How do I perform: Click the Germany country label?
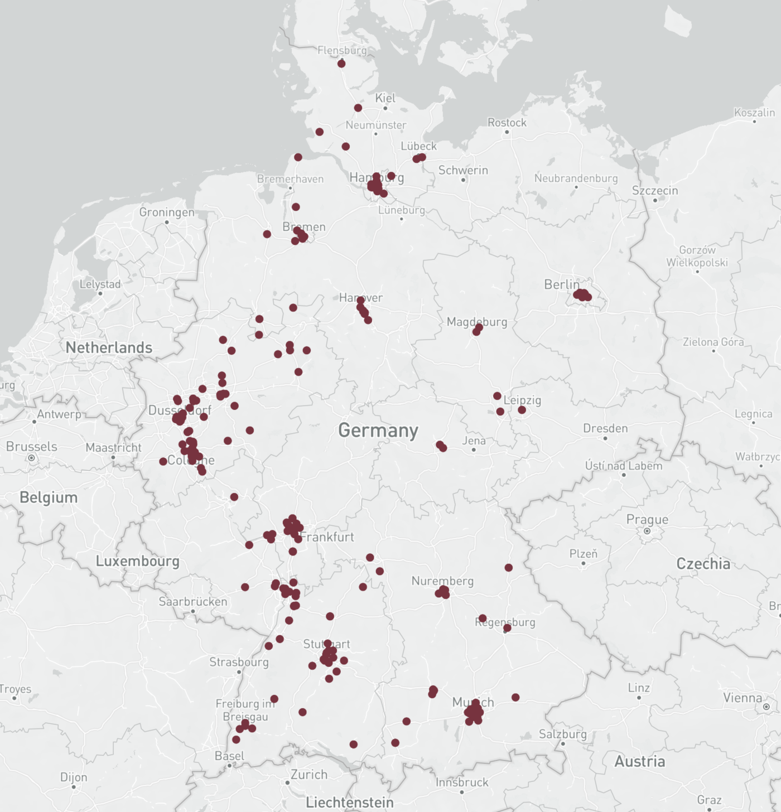click(x=378, y=431)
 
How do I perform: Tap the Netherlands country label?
click(x=109, y=347)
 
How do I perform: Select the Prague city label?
click(x=647, y=519)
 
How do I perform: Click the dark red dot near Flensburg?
click(x=341, y=64)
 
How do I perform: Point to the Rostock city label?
click(x=507, y=123)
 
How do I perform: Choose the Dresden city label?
click(x=605, y=428)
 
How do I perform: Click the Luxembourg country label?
click(x=138, y=561)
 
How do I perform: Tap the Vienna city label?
click(x=743, y=698)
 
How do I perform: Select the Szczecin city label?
click(x=655, y=191)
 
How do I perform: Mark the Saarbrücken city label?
click(x=193, y=602)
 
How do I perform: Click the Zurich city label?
click(x=309, y=775)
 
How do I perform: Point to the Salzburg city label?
click(x=563, y=734)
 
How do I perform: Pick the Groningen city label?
click(x=167, y=212)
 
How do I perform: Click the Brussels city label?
click(x=32, y=447)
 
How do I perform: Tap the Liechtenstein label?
click(x=350, y=803)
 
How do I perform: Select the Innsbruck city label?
click(x=462, y=782)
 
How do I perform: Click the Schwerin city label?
click(x=463, y=170)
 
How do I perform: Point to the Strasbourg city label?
click(x=239, y=662)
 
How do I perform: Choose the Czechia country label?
click(x=703, y=564)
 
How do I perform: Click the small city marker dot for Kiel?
click(x=385, y=108)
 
